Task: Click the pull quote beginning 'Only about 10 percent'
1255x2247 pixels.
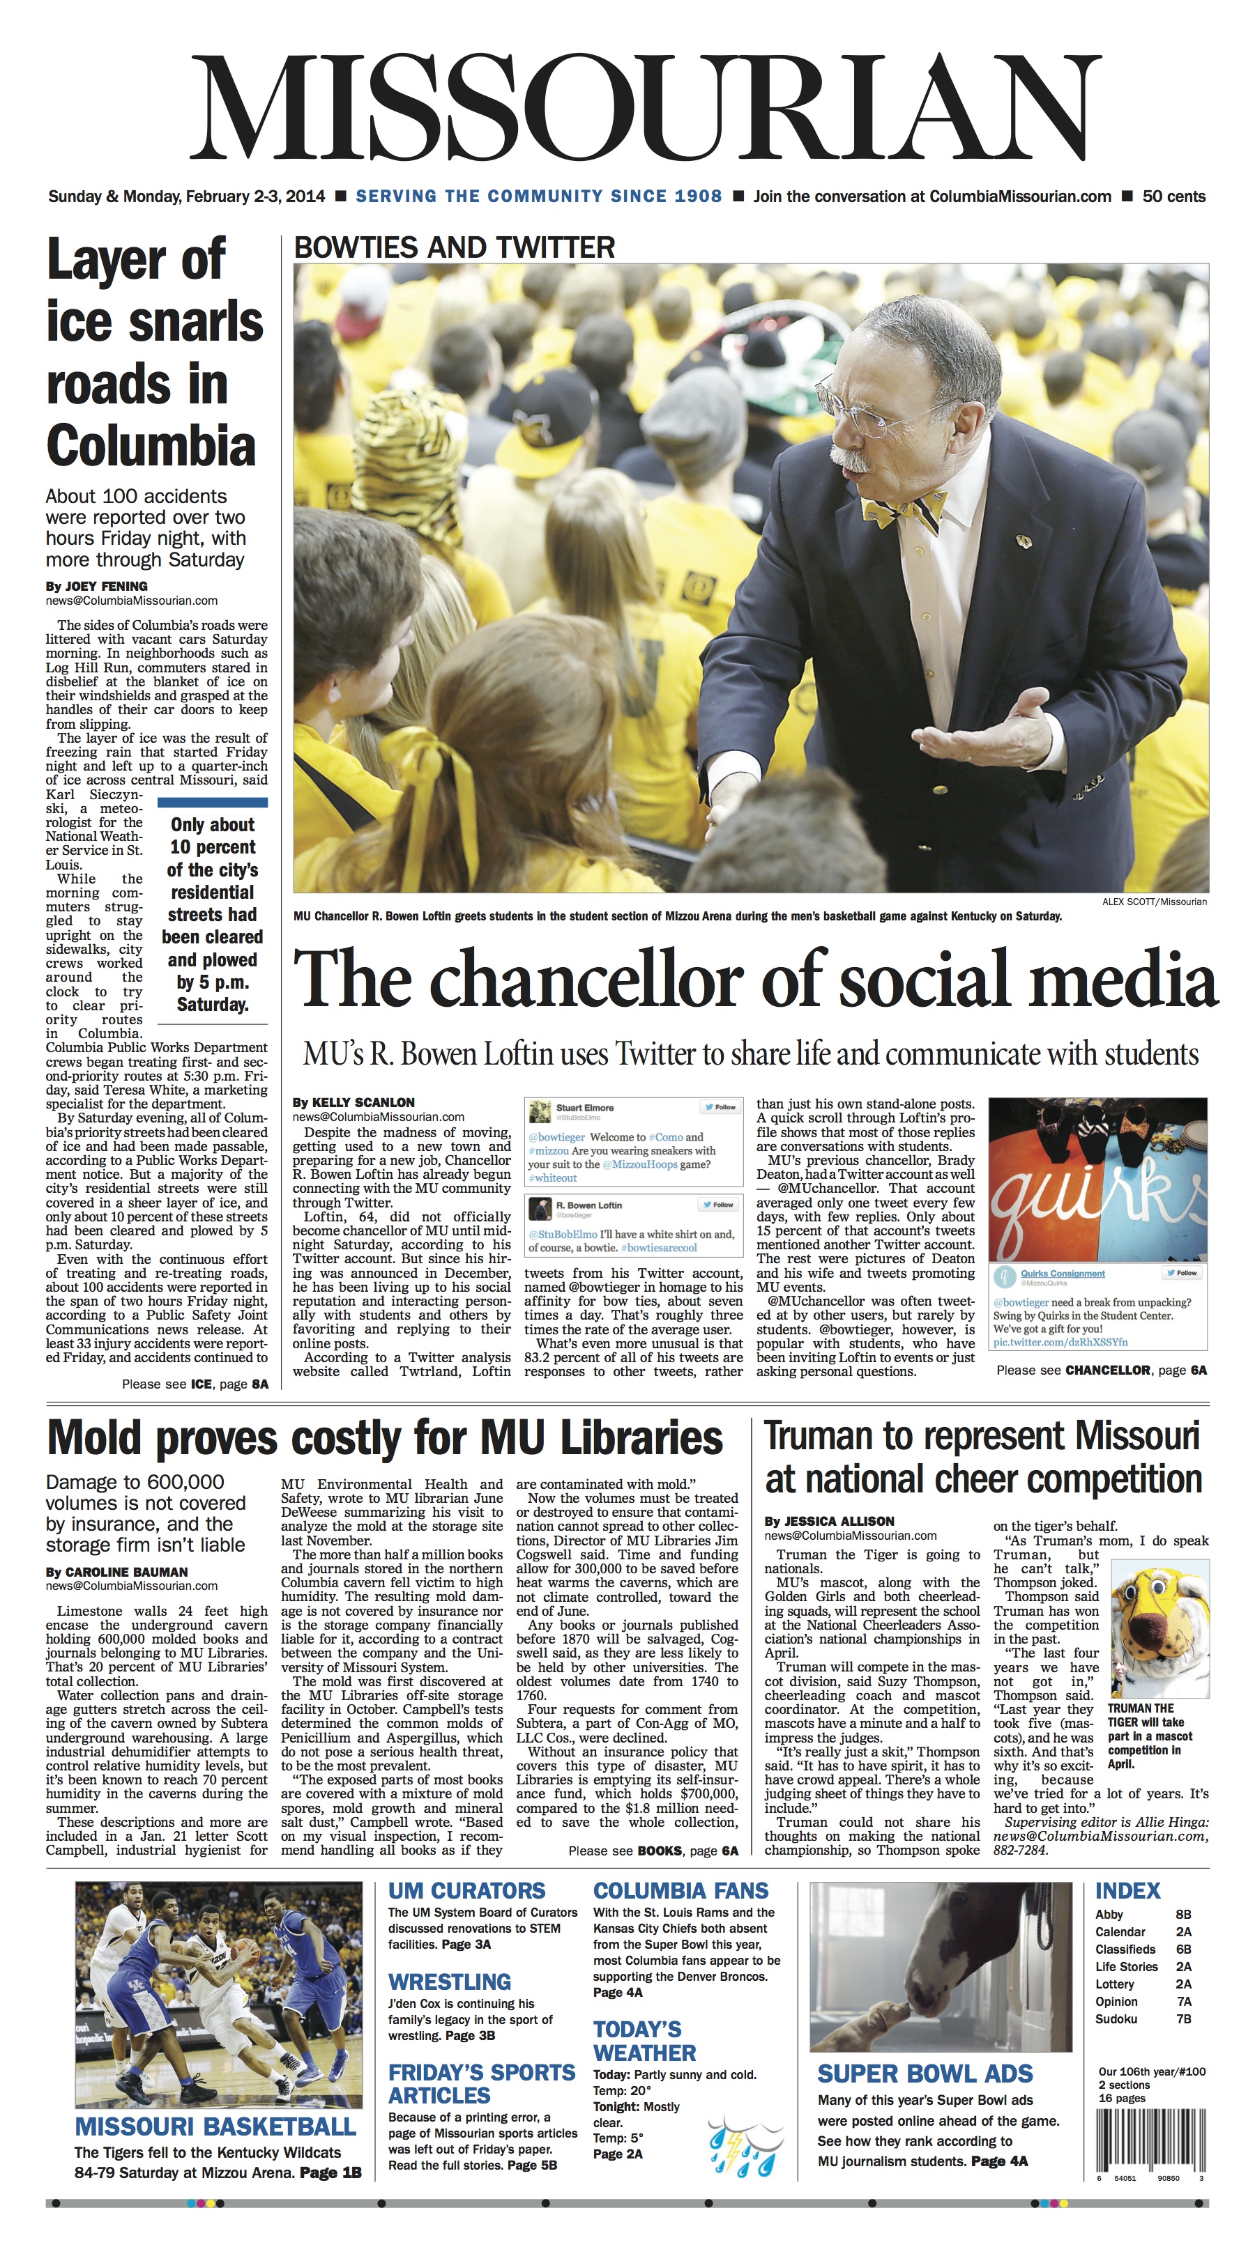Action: point(212,913)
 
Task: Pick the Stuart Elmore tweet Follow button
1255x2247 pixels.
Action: point(720,1107)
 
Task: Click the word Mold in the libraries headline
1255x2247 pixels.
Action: point(100,1437)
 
